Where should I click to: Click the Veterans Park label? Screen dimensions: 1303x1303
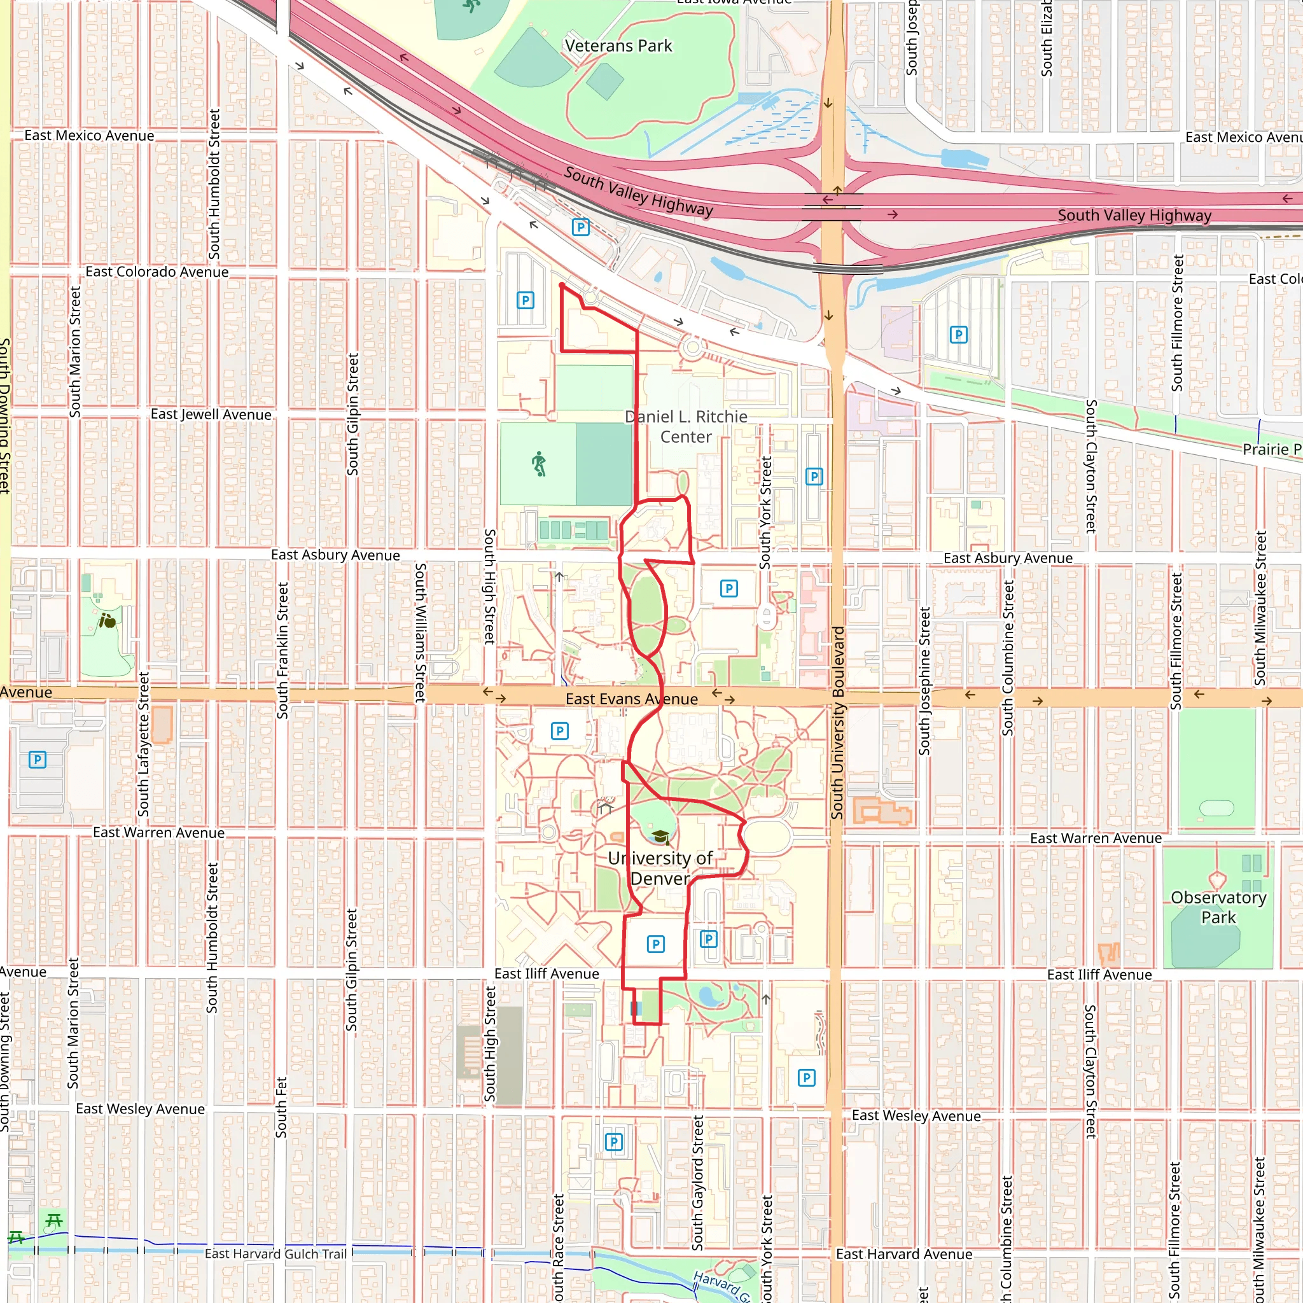click(618, 46)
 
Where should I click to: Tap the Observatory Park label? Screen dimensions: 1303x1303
click(1218, 907)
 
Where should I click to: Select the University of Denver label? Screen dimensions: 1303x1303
click(660, 868)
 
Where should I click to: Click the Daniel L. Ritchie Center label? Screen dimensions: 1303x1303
click(686, 426)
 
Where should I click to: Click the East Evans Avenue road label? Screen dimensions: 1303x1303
click(631, 699)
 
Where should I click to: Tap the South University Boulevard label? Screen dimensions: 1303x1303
click(838, 722)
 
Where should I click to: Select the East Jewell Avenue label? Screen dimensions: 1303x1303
click(211, 414)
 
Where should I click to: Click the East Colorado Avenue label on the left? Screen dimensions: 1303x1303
click(157, 272)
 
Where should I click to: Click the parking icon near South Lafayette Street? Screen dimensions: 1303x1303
click(38, 760)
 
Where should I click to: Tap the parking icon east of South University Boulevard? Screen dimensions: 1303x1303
click(958, 335)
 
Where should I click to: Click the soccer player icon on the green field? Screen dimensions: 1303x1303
click(538, 464)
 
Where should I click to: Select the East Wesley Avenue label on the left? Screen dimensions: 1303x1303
click(139, 1109)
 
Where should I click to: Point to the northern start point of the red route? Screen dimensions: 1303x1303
click(562, 286)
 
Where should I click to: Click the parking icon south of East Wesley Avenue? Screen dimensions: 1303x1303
click(613, 1142)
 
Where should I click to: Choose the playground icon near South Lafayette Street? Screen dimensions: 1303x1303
click(108, 620)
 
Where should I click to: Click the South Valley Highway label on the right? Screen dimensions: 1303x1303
click(1134, 215)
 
